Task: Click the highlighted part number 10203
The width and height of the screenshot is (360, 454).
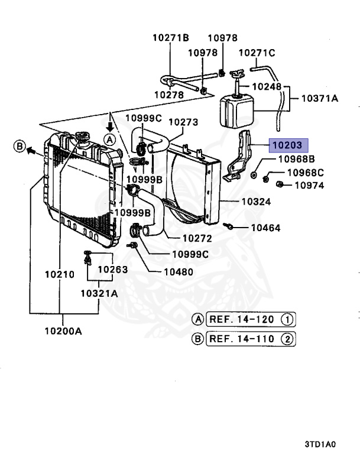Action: point(287,145)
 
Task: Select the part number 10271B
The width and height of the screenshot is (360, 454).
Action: point(171,37)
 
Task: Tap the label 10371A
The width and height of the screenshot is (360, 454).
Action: point(320,98)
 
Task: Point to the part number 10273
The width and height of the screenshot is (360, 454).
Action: point(183,122)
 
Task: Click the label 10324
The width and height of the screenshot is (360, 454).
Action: point(256,202)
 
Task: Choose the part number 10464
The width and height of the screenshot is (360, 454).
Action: point(265,228)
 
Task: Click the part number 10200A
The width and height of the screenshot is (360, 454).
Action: point(63,330)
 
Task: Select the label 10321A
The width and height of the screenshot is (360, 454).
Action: point(99,293)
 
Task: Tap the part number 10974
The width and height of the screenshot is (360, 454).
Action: point(309,185)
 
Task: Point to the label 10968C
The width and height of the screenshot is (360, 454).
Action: point(306,173)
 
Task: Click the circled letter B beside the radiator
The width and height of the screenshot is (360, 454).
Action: point(20,146)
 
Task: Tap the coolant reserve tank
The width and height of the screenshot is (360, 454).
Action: point(236,112)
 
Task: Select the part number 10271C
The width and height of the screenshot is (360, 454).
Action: point(257,53)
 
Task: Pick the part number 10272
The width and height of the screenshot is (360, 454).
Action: point(197,239)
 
